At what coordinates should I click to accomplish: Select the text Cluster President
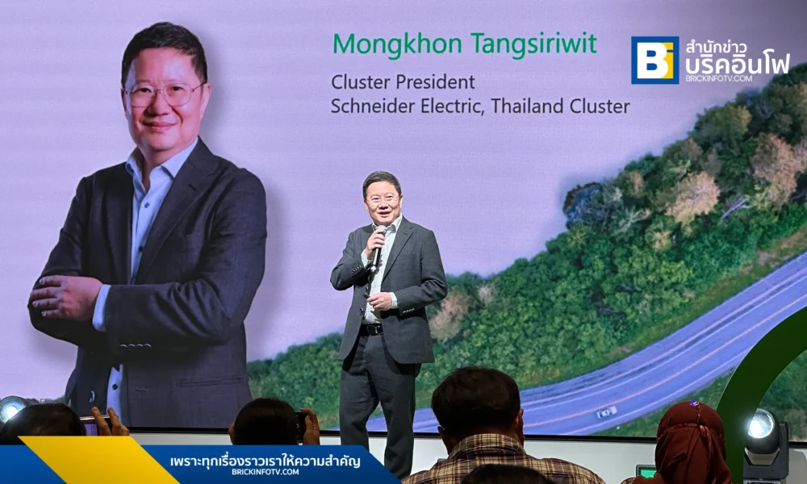click(x=403, y=82)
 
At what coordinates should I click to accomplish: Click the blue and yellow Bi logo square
click(x=654, y=60)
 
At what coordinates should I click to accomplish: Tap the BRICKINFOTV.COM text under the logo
click(x=718, y=78)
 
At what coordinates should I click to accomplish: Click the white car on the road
click(x=607, y=412)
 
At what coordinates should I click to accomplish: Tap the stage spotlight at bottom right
click(x=763, y=436)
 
